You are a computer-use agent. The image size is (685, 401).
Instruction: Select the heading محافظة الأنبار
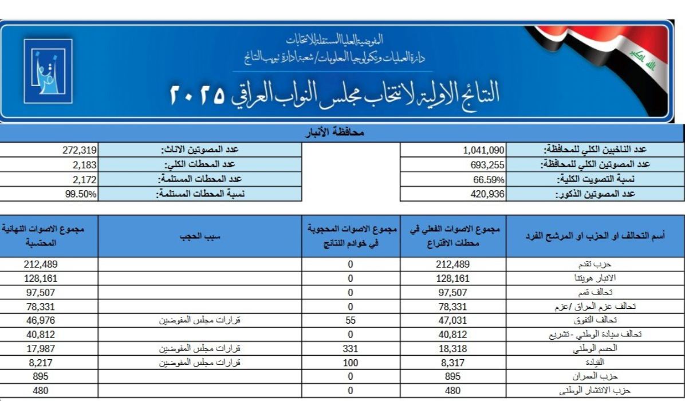coord(342,133)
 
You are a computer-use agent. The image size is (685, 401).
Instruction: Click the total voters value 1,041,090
coord(483,150)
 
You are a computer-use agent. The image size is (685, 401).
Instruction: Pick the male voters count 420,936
coord(486,194)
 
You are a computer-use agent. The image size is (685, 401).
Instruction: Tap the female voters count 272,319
coord(80,150)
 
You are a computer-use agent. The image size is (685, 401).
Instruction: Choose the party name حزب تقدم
coord(596,265)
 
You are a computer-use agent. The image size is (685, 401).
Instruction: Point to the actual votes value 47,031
coord(453,320)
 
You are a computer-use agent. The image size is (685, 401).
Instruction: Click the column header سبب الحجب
coord(199,236)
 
